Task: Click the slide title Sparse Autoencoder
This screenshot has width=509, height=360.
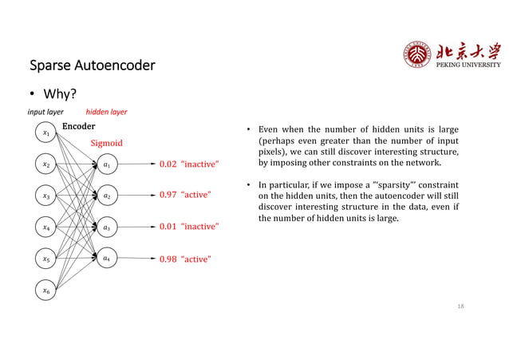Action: click(92, 64)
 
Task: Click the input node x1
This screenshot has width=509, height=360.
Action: click(46, 133)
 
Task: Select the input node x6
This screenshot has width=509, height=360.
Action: click(46, 291)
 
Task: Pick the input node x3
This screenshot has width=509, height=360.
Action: click(46, 195)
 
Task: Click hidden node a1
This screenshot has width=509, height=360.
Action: click(107, 165)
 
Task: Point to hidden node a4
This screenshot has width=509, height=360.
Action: click(107, 259)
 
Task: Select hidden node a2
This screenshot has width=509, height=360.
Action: click(107, 195)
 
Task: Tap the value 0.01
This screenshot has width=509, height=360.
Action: click(168, 227)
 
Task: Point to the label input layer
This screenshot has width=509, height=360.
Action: click(46, 113)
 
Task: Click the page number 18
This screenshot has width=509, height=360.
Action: click(460, 306)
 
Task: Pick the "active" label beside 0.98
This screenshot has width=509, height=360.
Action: click(199, 259)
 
